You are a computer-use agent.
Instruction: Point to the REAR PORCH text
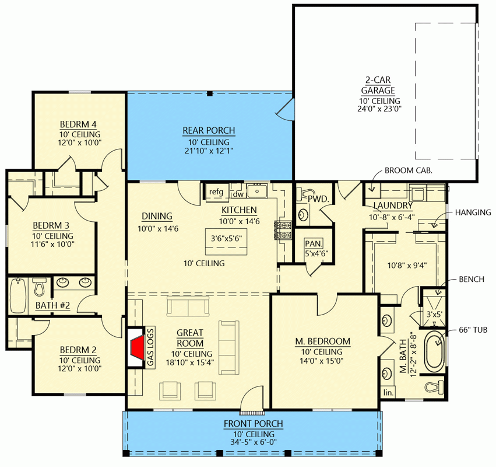[208, 130]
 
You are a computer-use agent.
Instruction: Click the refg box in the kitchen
[216, 192]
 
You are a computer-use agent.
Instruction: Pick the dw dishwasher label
[237, 194]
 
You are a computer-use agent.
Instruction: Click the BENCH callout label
[472, 280]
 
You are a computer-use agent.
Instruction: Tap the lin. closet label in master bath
[388, 393]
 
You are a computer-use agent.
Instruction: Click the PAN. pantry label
[315, 243]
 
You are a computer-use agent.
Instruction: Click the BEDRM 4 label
[78, 124]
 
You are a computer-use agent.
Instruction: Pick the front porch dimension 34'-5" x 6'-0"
[256, 443]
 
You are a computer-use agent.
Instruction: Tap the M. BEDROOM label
[321, 341]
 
